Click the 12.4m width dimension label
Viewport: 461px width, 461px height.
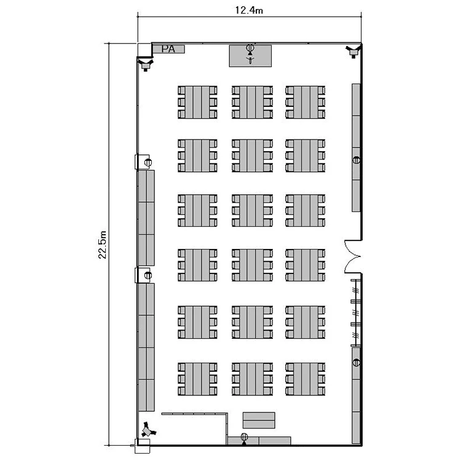[249, 10]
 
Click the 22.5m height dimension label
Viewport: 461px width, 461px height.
[102, 245]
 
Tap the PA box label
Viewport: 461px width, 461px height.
[168, 49]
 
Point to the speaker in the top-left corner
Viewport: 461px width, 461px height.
[146, 65]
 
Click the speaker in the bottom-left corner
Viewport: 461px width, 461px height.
[148, 430]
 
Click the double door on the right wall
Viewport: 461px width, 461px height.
[353, 256]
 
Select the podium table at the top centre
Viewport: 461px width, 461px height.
[250, 56]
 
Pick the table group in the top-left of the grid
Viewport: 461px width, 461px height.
[197, 102]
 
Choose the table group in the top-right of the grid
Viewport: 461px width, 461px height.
[305, 102]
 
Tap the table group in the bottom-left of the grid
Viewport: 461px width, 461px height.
[197, 379]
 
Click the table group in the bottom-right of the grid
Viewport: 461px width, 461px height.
[305, 379]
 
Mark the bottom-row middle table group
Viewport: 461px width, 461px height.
[252, 379]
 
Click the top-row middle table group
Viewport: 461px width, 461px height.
[252, 102]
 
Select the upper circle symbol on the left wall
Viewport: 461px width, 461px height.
[148, 162]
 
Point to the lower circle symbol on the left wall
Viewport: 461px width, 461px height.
[148, 275]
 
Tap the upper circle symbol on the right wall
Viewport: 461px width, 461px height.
[357, 160]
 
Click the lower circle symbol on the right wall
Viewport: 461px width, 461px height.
[357, 363]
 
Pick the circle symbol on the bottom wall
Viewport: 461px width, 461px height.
[244, 437]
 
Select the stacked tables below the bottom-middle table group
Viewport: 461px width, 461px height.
[259, 420]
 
